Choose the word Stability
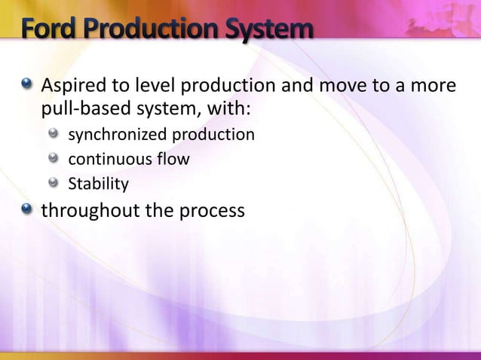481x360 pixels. (x=99, y=184)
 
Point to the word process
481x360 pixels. (x=209, y=211)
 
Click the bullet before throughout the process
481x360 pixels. (x=27, y=210)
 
